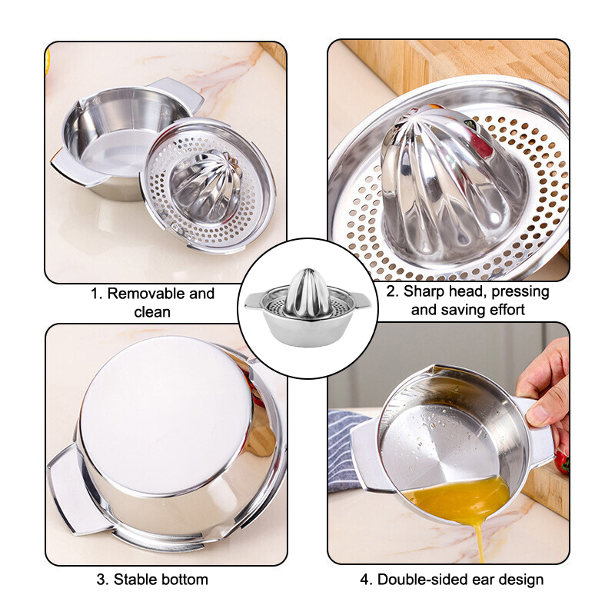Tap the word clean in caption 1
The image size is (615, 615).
(152, 312)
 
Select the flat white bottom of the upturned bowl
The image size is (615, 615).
(165, 416)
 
